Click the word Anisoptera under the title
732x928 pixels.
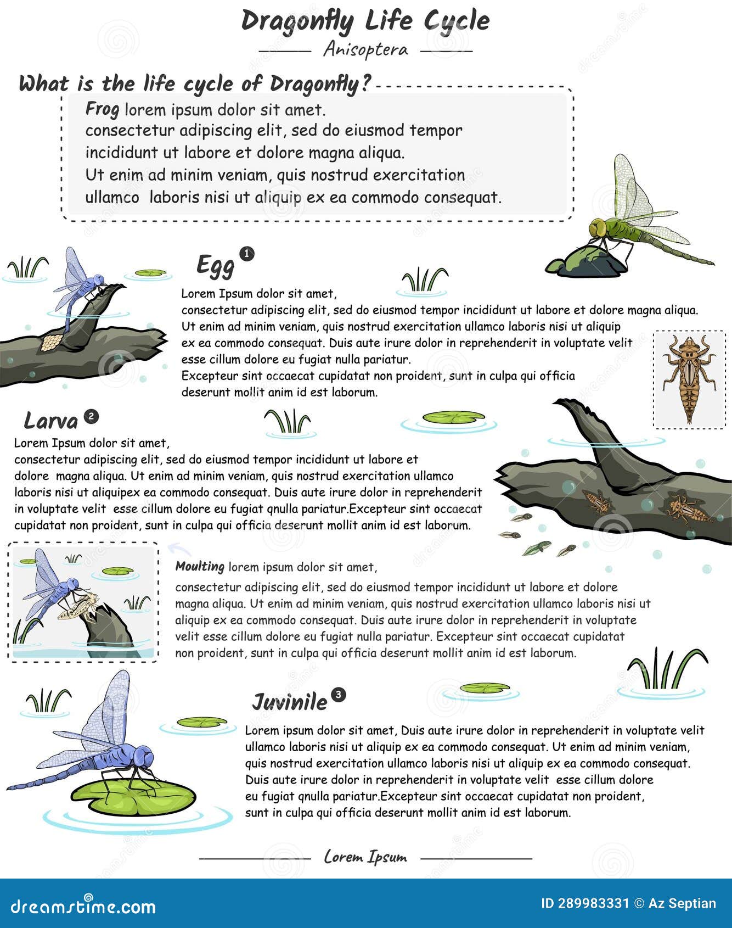(365, 50)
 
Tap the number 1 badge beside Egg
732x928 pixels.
(247, 254)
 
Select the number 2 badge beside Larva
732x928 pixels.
(91, 417)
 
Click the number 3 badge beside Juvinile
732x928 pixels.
(339, 695)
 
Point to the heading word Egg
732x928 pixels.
(215, 265)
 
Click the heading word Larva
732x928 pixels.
(51, 421)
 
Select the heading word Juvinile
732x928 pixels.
(289, 702)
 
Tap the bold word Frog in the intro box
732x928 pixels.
(102, 109)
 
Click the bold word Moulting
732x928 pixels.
(200, 566)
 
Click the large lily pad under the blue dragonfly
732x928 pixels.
(134, 797)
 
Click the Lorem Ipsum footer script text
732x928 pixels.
(365, 857)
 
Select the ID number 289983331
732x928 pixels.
(592, 904)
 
